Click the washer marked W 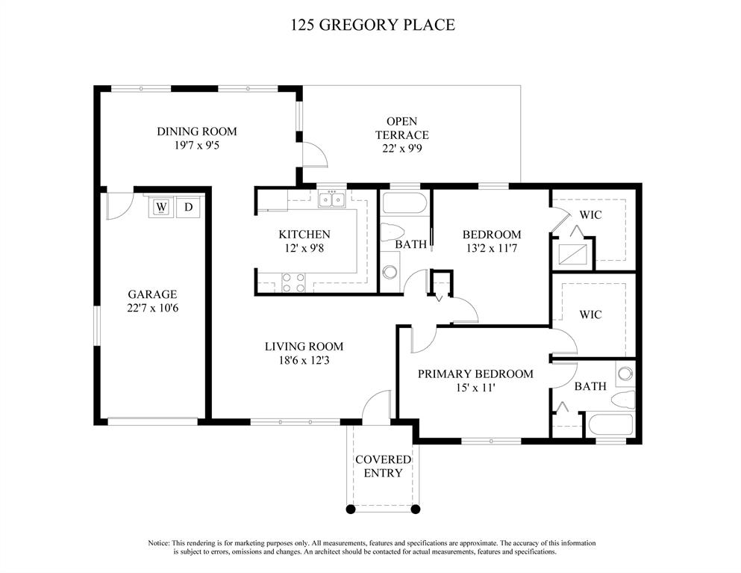tap(162, 207)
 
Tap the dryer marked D tap(188, 207)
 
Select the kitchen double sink tap(332, 199)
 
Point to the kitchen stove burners tap(293, 282)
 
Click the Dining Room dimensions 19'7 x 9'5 tap(196, 145)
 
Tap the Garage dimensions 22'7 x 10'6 tap(153, 308)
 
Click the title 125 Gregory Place tap(373, 25)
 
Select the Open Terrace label tap(402, 128)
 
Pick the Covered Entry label tap(384, 466)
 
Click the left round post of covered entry tap(350, 509)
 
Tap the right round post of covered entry tap(416, 509)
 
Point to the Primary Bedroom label tap(475, 374)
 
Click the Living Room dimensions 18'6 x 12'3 tap(304, 361)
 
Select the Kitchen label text tap(304, 235)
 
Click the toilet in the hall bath tap(393, 231)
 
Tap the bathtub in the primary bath tap(610, 425)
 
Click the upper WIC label tap(591, 215)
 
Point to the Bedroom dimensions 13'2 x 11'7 tap(492, 248)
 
